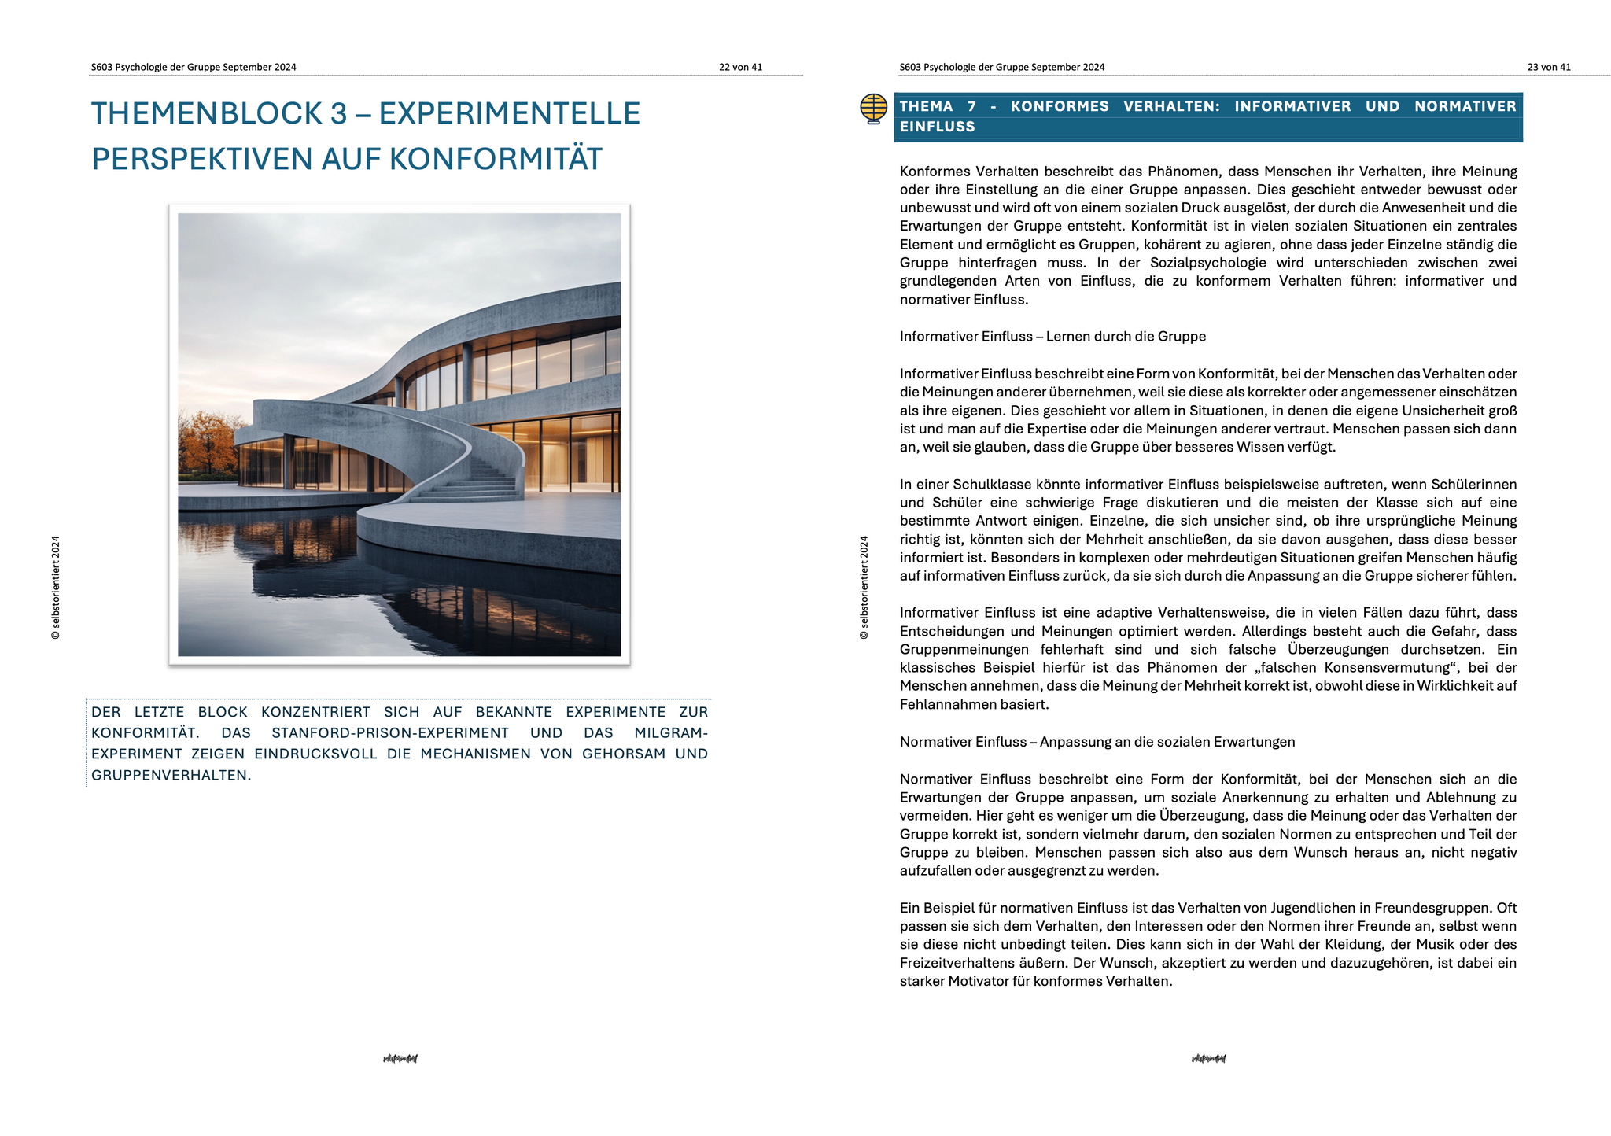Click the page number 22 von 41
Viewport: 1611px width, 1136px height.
(x=740, y=68)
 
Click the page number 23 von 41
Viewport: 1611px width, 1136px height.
(x=1549, y=68)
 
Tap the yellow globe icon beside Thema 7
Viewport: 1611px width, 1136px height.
(x=874, y=109)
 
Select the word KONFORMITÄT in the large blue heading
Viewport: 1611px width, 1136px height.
(x=496, y=159)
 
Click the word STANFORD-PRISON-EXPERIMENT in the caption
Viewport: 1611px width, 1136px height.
(x=390, y=733)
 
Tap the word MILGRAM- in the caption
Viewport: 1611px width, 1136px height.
(x=671, y=733)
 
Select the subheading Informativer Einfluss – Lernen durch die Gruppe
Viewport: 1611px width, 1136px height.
(x=1052, y=337)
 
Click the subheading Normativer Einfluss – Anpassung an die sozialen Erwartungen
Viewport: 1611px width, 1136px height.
(x=1097, y=742)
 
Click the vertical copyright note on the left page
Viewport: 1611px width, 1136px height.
(x=55, y=588)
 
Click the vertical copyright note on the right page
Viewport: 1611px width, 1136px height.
(x=864, y=588)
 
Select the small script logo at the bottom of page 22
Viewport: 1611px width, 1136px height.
(x=400, y=1059)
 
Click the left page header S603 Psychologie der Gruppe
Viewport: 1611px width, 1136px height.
(x=194, y=68)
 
